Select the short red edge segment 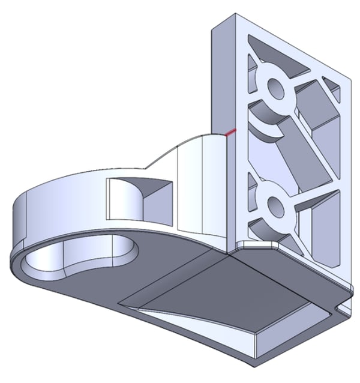pos(231,131)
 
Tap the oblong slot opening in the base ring pos(78,259)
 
